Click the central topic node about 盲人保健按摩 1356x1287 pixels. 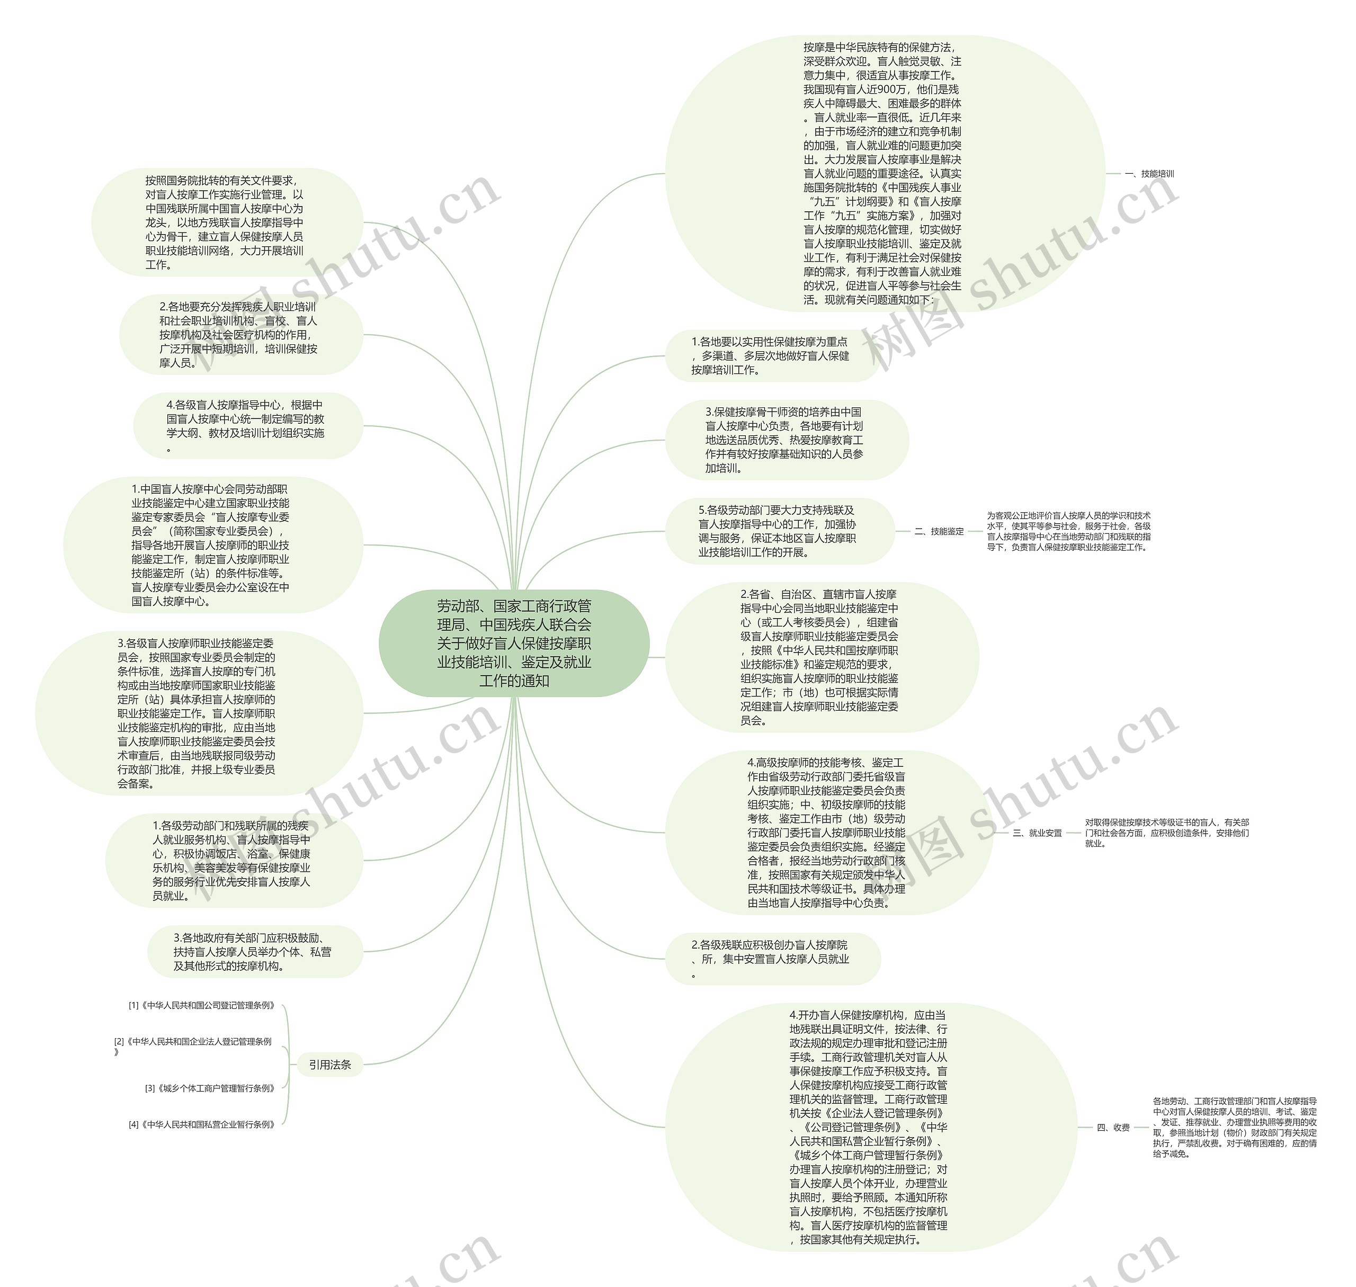(514, 643)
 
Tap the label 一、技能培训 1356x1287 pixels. (1149, 174)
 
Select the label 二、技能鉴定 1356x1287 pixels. (939, 531)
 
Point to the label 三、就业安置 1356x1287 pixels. (1037, 833)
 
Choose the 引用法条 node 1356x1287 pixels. (329, 1065)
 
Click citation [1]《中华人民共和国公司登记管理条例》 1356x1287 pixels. (202, 1006)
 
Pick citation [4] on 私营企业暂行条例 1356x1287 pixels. (202, 1124)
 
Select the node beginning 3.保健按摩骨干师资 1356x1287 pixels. (785, 440)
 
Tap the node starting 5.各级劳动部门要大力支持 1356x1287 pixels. (778, 531)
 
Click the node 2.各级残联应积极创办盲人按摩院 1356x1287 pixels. (771, 959)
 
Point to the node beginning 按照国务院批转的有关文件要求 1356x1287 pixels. (225, 222)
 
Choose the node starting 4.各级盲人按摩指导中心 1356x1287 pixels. (246, 425)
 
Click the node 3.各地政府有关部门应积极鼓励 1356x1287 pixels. (253, 952)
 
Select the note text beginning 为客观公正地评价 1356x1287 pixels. (1068, 531)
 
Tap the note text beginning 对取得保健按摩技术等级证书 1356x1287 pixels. (1166, 833)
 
